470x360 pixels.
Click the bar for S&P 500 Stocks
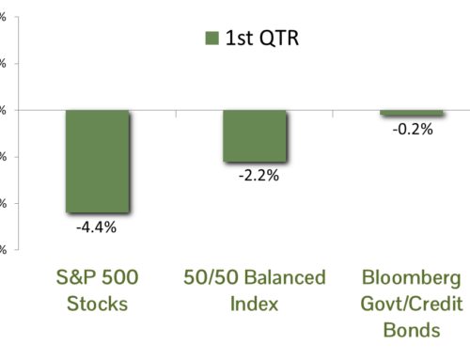pyautogui.click(x=97, y=161)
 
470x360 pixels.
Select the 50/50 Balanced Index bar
pyautogui.click(x=255, y=135)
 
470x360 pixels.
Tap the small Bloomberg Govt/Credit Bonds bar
pyautogui.click(x=412, y=113)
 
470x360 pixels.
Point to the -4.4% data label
pyautogui.click(x=96, y=226)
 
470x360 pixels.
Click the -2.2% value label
pyautogui.click(x=254, y=175)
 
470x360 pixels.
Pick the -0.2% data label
pyautogui.click(x=413, y=130)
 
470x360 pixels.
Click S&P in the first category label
pyautogui.click(x=69, y=278)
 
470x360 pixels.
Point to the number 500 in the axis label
pyautogui.click(x=119, y=278)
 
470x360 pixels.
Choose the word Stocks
pyautogui.click(x=96, y=305)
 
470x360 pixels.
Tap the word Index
pyautogui.click(x=254, y=305)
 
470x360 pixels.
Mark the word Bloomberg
pyautogui.click(x=412, y=278)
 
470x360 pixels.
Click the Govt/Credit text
pyautogui.click(x=412, y=305)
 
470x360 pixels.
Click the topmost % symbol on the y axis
pyautogui.click(x=3, y=17)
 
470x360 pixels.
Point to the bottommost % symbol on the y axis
pyautogui.click(x=3, y=250)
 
